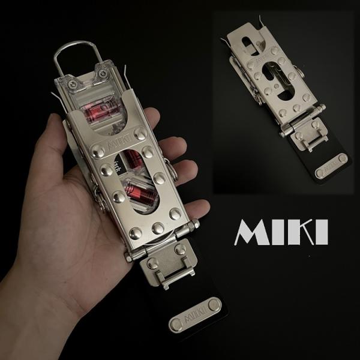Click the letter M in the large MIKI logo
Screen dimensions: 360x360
(252, 232)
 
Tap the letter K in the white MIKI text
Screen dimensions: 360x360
(306, 232)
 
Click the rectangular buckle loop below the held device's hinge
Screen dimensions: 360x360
(171, 267)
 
